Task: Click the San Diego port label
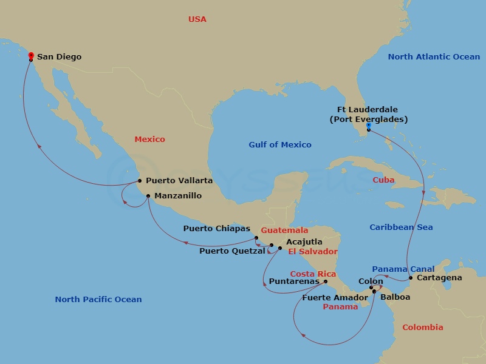tap(59, 57)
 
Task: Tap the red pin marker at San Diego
tap(30, 56)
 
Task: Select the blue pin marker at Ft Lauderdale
tap(369, 125)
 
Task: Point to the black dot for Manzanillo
tap(148, 195)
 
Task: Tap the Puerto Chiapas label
tap(217, 229)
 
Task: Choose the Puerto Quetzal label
tap(232, 251)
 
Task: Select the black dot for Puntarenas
tap(326, 281)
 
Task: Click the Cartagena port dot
tap(411, 278)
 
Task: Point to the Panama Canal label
tap(403, 269)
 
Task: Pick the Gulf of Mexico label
tap(279, 144)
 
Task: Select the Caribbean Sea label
tap(401, 227)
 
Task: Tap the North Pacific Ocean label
tap(98, 299)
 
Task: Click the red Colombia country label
tap(422, 327)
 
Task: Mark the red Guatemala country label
tap(284, 231)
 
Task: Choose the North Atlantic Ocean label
tap(434, 56)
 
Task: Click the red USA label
tap(197, 19)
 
